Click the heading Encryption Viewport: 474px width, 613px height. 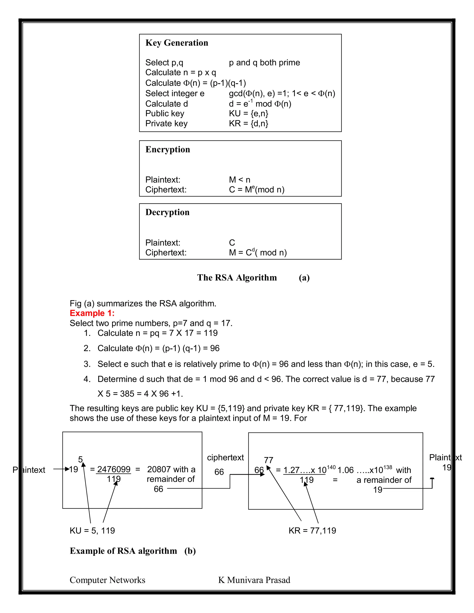coord(168,149)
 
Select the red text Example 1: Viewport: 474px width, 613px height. coord(92,313)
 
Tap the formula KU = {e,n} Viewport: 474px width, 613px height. coord(249,113)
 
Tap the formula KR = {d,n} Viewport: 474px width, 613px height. coord(249,123)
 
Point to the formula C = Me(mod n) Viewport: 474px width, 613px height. coord(257,189)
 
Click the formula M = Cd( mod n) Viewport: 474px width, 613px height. coord(258,252)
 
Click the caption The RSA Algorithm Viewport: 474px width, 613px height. coord(237,277)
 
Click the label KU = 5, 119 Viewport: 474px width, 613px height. coord(92,530)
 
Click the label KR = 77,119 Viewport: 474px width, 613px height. coord(312,530)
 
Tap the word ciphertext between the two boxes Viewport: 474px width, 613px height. coord(225,458)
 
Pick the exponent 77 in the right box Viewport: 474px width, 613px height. coord(268,460)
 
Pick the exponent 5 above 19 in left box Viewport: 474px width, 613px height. coord(80,459)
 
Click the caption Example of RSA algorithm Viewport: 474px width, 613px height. coord(123,551)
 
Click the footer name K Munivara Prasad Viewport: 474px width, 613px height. coord(254,580)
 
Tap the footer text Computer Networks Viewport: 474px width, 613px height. coord(107,580)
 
